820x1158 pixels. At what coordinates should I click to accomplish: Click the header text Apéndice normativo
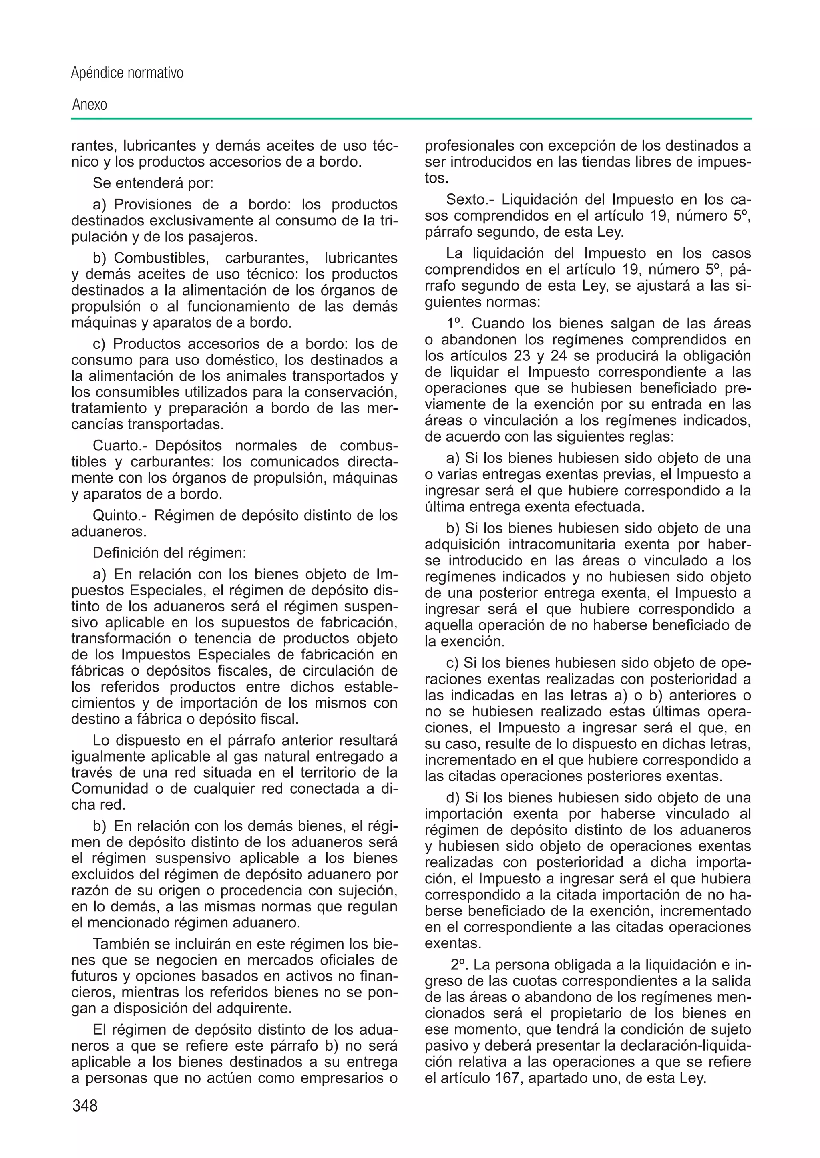(x=127, y=74)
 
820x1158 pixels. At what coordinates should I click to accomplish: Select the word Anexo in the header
(x=90, y=105)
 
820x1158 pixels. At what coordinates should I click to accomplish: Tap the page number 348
(x=85, y=1106)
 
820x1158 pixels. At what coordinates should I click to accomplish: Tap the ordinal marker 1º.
(x=456, y=324)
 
